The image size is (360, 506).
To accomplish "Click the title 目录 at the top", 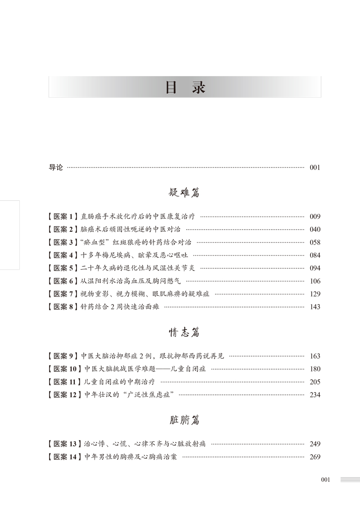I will pyautogui.click(x=184, y=87).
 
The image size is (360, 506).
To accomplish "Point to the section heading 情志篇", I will pyautogui.click(x=184, y=333).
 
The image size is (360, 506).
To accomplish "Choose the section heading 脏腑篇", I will pyautogui.click(x=184, y=420).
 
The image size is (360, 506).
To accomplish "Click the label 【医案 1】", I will pyautogui.click(x=63, y=216).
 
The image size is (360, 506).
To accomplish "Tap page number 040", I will pyautogui.click(x=315, y=229).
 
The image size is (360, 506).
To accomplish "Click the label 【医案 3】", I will pyautogui.click(x=63, y=242).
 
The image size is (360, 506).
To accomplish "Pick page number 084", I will pyautogui.click(x=315, y=255).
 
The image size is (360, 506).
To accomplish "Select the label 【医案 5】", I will pyautogui.click(x=63, y=268).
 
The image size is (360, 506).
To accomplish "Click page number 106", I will pyautogui.click(x=315, y=281).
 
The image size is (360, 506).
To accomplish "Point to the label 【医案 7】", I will pyautogui.click(x=63, y=294).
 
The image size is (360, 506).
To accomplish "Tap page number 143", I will pyautogui.click(x=315, y=307).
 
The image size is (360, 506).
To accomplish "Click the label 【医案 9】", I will pyautogui.click(x=63, y=356).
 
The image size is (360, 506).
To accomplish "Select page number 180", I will pyautogui.click(x=315, y=369).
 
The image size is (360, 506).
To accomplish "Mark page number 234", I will pyautogui.click(x=315, y=395).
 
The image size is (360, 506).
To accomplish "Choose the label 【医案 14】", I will pyautogui.click(x=64, y=457).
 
